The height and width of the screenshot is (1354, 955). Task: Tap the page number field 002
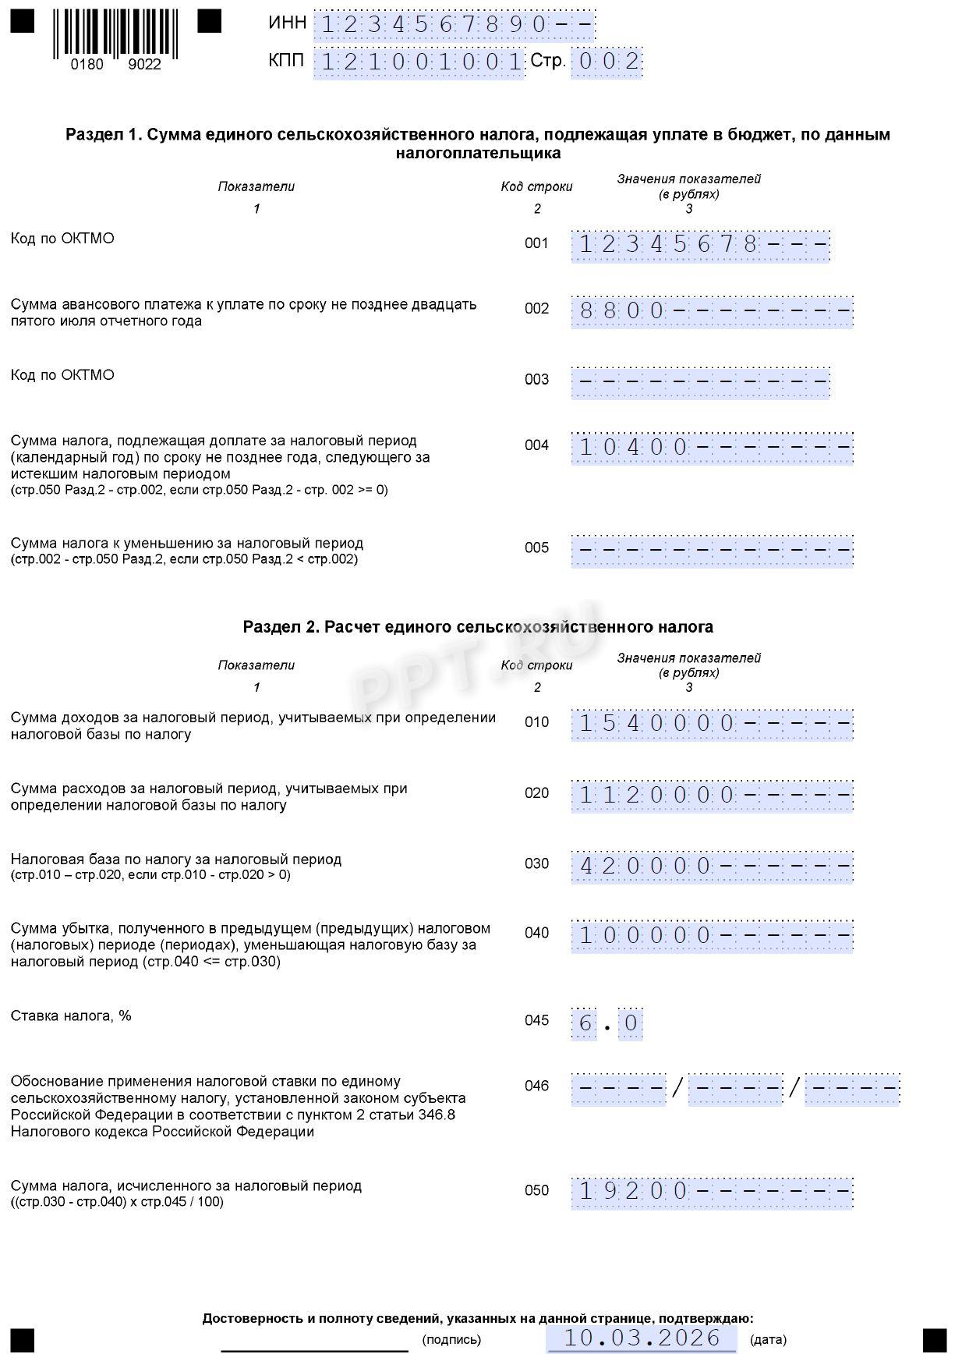point(606,62)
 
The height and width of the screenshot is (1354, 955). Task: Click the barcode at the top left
point(115,34)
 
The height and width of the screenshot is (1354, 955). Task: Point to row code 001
point(536,243)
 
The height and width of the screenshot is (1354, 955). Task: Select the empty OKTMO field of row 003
point(700,381)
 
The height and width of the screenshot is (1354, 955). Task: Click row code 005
point(536,548)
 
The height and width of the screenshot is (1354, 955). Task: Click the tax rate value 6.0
point(607,1023)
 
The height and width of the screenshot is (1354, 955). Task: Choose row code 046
point(536,1086)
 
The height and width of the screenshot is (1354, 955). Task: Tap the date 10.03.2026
point(642,1338)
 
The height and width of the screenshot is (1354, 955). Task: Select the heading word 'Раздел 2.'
point(280,627)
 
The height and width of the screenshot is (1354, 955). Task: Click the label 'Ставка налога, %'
point(71,1015)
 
